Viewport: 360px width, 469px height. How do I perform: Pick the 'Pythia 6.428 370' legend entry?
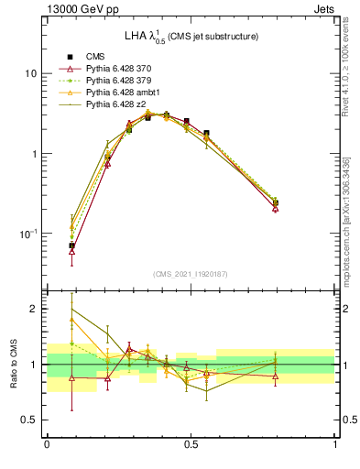[x=121, y=69]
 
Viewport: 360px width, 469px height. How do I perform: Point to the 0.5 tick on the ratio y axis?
[x=30, y=420]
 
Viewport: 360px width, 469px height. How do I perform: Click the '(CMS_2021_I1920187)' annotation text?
[x=191, y=273]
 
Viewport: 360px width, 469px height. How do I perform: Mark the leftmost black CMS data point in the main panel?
[x=71, y=245]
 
